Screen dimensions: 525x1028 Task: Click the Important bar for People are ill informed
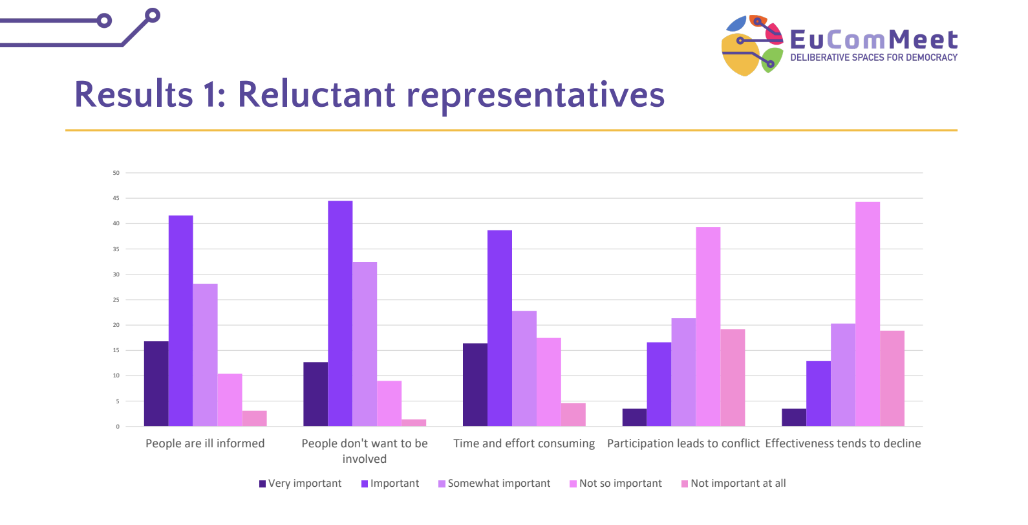(180, 320)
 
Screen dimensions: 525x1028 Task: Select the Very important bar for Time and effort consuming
(475, 385)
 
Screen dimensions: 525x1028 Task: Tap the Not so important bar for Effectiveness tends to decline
(867, 314)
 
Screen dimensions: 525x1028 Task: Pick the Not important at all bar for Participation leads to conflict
(733, 377)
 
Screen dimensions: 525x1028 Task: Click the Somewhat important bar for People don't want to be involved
(365, 344)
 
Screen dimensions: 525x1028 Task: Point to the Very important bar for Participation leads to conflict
(634, 418)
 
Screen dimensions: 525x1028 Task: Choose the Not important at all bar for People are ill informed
(254, 419)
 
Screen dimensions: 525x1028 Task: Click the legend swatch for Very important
(262, 484)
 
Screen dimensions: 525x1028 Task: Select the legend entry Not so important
(620, 484)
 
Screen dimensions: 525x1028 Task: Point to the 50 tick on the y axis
(116, 173)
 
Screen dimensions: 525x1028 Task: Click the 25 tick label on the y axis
(116, 300)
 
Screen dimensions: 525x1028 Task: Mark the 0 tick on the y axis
(118, 427)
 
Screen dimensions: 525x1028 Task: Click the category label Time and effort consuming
(524, 443)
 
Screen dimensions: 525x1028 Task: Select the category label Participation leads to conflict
(683, 443)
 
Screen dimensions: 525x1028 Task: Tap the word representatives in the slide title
(535, 95)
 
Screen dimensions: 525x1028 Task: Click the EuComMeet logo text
(873, 39)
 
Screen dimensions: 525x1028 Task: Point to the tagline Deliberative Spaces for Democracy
(873, 58)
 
